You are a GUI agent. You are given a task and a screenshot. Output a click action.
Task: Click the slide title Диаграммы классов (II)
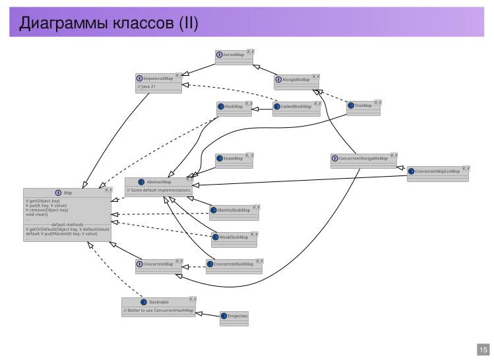pos(109,24)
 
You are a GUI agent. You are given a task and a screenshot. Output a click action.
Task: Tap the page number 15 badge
pos(483,349)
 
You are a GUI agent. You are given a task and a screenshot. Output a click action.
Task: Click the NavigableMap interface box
pos(297,82)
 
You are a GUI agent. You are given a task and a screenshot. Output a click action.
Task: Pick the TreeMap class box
pos(363,107)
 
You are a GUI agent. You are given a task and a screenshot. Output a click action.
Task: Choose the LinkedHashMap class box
pos(297,107)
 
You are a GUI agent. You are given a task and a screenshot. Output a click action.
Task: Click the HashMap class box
pos(234,107)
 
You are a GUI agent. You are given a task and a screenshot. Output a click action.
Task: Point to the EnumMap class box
pos(234,160)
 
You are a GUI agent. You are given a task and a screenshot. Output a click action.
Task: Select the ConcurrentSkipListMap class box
pos(438,173)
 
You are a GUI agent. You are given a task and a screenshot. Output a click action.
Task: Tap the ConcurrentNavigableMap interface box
pos(364,161)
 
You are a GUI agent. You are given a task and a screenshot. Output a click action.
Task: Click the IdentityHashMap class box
pos(234,212)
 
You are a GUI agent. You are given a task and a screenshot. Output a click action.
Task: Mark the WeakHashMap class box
pos(234,238)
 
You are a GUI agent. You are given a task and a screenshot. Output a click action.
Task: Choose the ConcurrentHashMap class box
pos(234,266)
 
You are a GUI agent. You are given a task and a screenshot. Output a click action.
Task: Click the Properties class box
pos(234,318)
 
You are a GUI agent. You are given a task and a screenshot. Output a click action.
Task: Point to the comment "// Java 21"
pos(146,86)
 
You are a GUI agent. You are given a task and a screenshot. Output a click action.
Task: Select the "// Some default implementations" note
pos(159,191)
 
